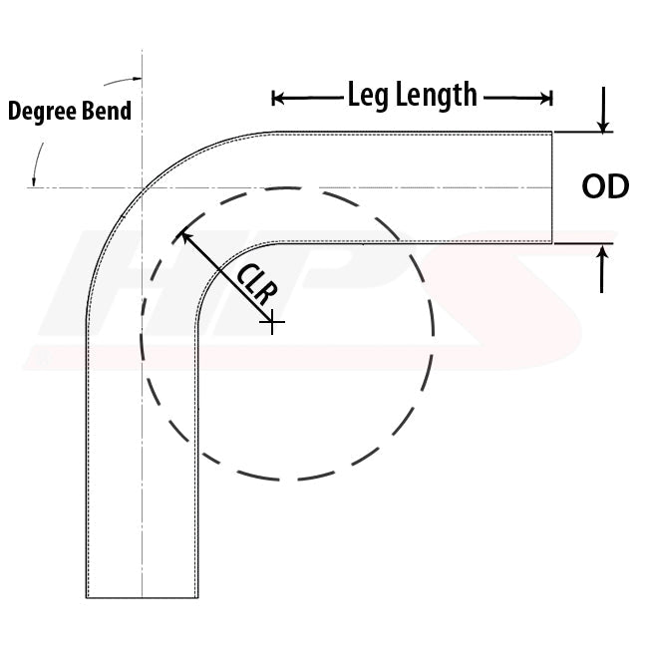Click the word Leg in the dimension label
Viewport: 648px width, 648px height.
368,96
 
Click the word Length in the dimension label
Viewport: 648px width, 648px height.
437,95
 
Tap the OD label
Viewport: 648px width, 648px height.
605,186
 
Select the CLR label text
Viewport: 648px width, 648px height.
257,283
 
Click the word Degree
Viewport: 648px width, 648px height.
43,112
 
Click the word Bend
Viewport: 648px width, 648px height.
107,111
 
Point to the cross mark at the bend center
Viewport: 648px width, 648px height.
272,321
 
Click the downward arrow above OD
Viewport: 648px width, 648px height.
603,110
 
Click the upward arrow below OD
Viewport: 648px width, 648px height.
602,269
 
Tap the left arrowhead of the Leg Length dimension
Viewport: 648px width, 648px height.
278,99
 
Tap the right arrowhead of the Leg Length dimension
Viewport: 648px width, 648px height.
546,99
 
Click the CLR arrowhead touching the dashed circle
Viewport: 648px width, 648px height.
185,237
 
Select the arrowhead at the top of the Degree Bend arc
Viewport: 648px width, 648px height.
137,78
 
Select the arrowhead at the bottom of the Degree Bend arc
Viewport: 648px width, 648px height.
34,181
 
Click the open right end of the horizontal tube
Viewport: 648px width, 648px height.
552,187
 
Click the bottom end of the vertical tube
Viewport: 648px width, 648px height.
143,597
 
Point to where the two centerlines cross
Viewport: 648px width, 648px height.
143,188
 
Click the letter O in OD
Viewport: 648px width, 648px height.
593,186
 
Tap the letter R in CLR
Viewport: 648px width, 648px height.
267,293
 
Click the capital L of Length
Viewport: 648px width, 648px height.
402,94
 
